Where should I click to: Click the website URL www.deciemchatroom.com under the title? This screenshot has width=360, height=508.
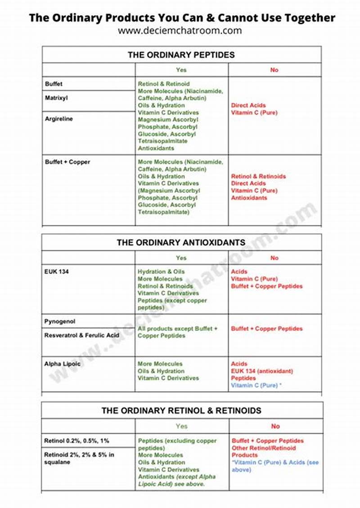tap(180, 31)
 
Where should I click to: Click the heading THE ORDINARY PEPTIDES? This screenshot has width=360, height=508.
tap(181, 55)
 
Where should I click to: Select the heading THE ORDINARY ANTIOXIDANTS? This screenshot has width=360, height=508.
tap(181, 242)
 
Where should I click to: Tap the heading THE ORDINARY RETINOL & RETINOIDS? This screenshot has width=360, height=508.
tap(181, 410)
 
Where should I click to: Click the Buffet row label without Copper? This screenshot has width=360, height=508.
tap(54, 84)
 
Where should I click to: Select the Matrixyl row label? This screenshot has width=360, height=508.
tap(57, 98)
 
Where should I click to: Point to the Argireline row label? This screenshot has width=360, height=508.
tap(59, 119)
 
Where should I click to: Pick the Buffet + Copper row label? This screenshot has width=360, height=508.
tap(67, 162)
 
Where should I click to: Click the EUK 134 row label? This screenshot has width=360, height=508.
tap(57, 272)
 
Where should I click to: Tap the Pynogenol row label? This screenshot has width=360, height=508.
tap(60, 322)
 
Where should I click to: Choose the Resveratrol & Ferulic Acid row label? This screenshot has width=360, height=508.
tap(81, 335)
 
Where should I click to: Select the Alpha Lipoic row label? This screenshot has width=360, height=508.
tap(63, 364)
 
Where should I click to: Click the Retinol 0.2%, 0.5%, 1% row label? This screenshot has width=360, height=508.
tap(76, 441)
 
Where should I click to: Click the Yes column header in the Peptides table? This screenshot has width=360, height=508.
tap(181, 70)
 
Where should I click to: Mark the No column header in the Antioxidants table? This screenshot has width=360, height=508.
tap(274, 258)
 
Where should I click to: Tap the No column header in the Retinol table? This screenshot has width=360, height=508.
tap(275, 426)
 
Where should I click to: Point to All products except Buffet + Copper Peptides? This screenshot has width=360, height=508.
tap(177, 332)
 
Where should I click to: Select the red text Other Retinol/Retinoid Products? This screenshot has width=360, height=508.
tap(264, 451)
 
